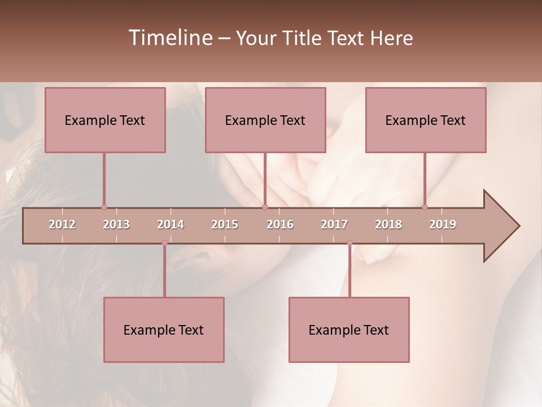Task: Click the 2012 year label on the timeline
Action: click(62, 224)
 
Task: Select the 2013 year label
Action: click(116, 224)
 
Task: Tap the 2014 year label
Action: click(171, 224)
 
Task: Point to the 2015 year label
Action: click(225, 224)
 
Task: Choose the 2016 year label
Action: click(280, 224)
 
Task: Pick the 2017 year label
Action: click(334, 224)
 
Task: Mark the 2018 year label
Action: click(388, 224)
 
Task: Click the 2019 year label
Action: click(443, 224)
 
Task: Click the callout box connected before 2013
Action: click(105, 120)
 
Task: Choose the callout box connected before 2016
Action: click(265, 120)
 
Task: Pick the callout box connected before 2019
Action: click(426, 120)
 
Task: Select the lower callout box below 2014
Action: click(164, 330)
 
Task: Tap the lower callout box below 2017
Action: click(349, 330)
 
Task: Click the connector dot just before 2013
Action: click(104, 207)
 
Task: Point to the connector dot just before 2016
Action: click(265, 207)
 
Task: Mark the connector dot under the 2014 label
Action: click(164, 243)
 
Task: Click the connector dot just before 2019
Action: click(425, 207)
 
